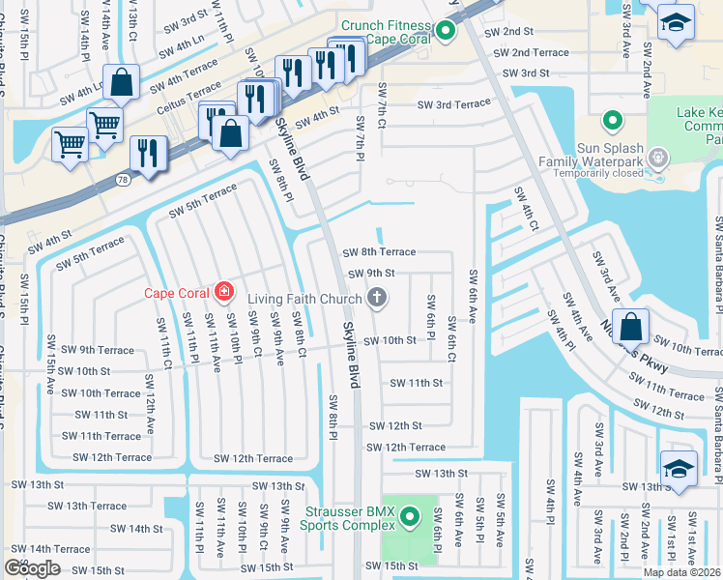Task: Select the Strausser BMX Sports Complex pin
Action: tap(411, 517)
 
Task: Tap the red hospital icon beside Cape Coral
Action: tap(224, 290)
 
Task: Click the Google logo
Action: tap(32, 568)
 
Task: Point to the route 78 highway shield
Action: tap(123, 180)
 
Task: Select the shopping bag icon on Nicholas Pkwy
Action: tap(630, 328)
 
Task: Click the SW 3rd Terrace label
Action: tap(453, 104)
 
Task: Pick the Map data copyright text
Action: tap(681, 572)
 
